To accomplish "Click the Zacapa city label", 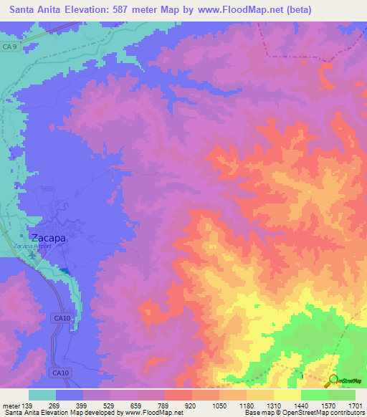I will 48,238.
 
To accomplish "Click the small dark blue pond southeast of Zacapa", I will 65,270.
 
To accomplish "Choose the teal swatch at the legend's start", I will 42,395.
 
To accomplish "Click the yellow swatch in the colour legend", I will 287,395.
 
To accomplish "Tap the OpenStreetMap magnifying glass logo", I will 334,380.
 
